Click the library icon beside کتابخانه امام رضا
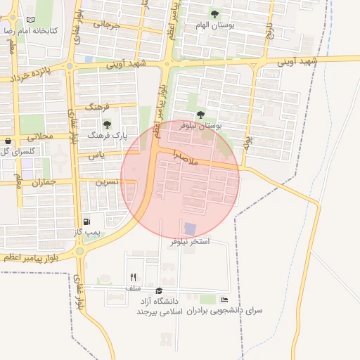29,20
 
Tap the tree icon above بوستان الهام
214,13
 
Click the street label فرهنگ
98,108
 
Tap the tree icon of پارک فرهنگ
107,124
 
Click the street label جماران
43,181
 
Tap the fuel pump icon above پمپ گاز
86,221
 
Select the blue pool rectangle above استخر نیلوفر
190,229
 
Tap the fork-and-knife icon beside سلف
133,277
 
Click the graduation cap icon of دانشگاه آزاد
159,290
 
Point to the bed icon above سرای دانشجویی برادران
224,300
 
